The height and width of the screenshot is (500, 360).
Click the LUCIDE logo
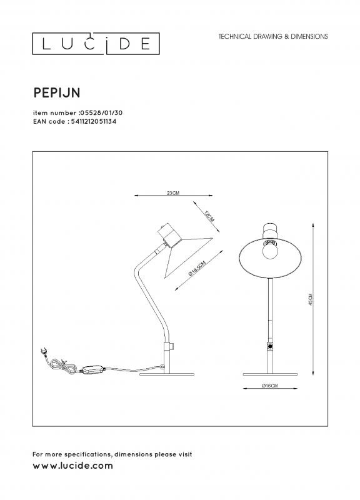(x=96, y=44)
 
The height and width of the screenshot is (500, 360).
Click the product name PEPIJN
(x=57, y=92)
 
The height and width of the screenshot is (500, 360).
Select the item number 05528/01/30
(x=101, y=113)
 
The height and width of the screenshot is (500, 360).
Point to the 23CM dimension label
(x=173, y=193)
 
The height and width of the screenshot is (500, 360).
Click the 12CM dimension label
(x=209, y=216)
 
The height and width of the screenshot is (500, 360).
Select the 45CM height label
(x=311, y=300)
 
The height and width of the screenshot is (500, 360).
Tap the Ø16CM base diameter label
(x=270, y=386)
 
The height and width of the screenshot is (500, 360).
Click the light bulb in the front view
(x=270, y=249)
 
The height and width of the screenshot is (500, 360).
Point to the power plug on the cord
(x=44, y=352)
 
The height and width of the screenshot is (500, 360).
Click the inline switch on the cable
(x=92, y=370)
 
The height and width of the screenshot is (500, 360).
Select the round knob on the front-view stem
(x=270, y=346)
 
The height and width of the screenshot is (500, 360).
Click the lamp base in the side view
(x=167, y=374)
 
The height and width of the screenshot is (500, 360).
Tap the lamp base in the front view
(x=270, y=374)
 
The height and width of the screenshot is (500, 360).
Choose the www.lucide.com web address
(x=72, y=466)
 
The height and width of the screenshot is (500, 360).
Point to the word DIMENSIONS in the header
(x=309, y=37)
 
